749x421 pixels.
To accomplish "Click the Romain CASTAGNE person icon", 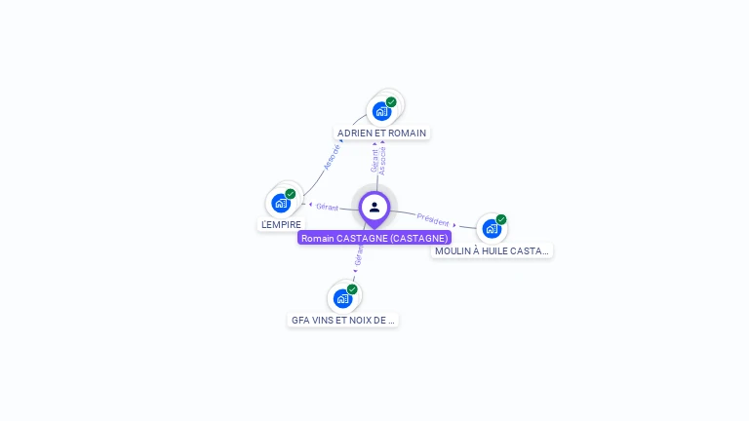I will click(374, 207).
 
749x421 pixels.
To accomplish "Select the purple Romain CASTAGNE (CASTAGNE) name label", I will click(374, 238).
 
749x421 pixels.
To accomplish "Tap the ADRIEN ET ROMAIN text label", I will click(381, 133).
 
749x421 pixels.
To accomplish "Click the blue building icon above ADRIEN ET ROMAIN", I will click(381, 111).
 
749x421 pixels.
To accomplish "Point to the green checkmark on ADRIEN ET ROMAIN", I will click(391, 102).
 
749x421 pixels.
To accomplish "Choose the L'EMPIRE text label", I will click(281, 224).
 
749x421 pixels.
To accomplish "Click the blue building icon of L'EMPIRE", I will click(281, 203).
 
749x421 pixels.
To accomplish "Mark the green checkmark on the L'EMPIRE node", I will click(291, 194).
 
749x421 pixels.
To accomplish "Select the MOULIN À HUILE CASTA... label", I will click(492, 250).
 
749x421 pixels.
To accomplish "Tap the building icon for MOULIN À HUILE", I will click(492, 228).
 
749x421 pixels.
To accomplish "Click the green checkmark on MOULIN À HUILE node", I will click(501, 219).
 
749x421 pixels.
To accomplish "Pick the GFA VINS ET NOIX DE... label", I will click(343, 320).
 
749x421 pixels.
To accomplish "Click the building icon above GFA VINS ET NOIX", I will click(342, 298).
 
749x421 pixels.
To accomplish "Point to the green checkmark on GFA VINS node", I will click(352, 289).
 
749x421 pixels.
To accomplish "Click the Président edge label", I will click(433, 218).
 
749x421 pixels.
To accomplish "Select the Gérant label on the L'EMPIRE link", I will click(327, 207).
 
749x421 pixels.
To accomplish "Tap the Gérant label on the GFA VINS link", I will click(359, 255).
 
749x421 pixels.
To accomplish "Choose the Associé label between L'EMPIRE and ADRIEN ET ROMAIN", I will click(332, 158).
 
